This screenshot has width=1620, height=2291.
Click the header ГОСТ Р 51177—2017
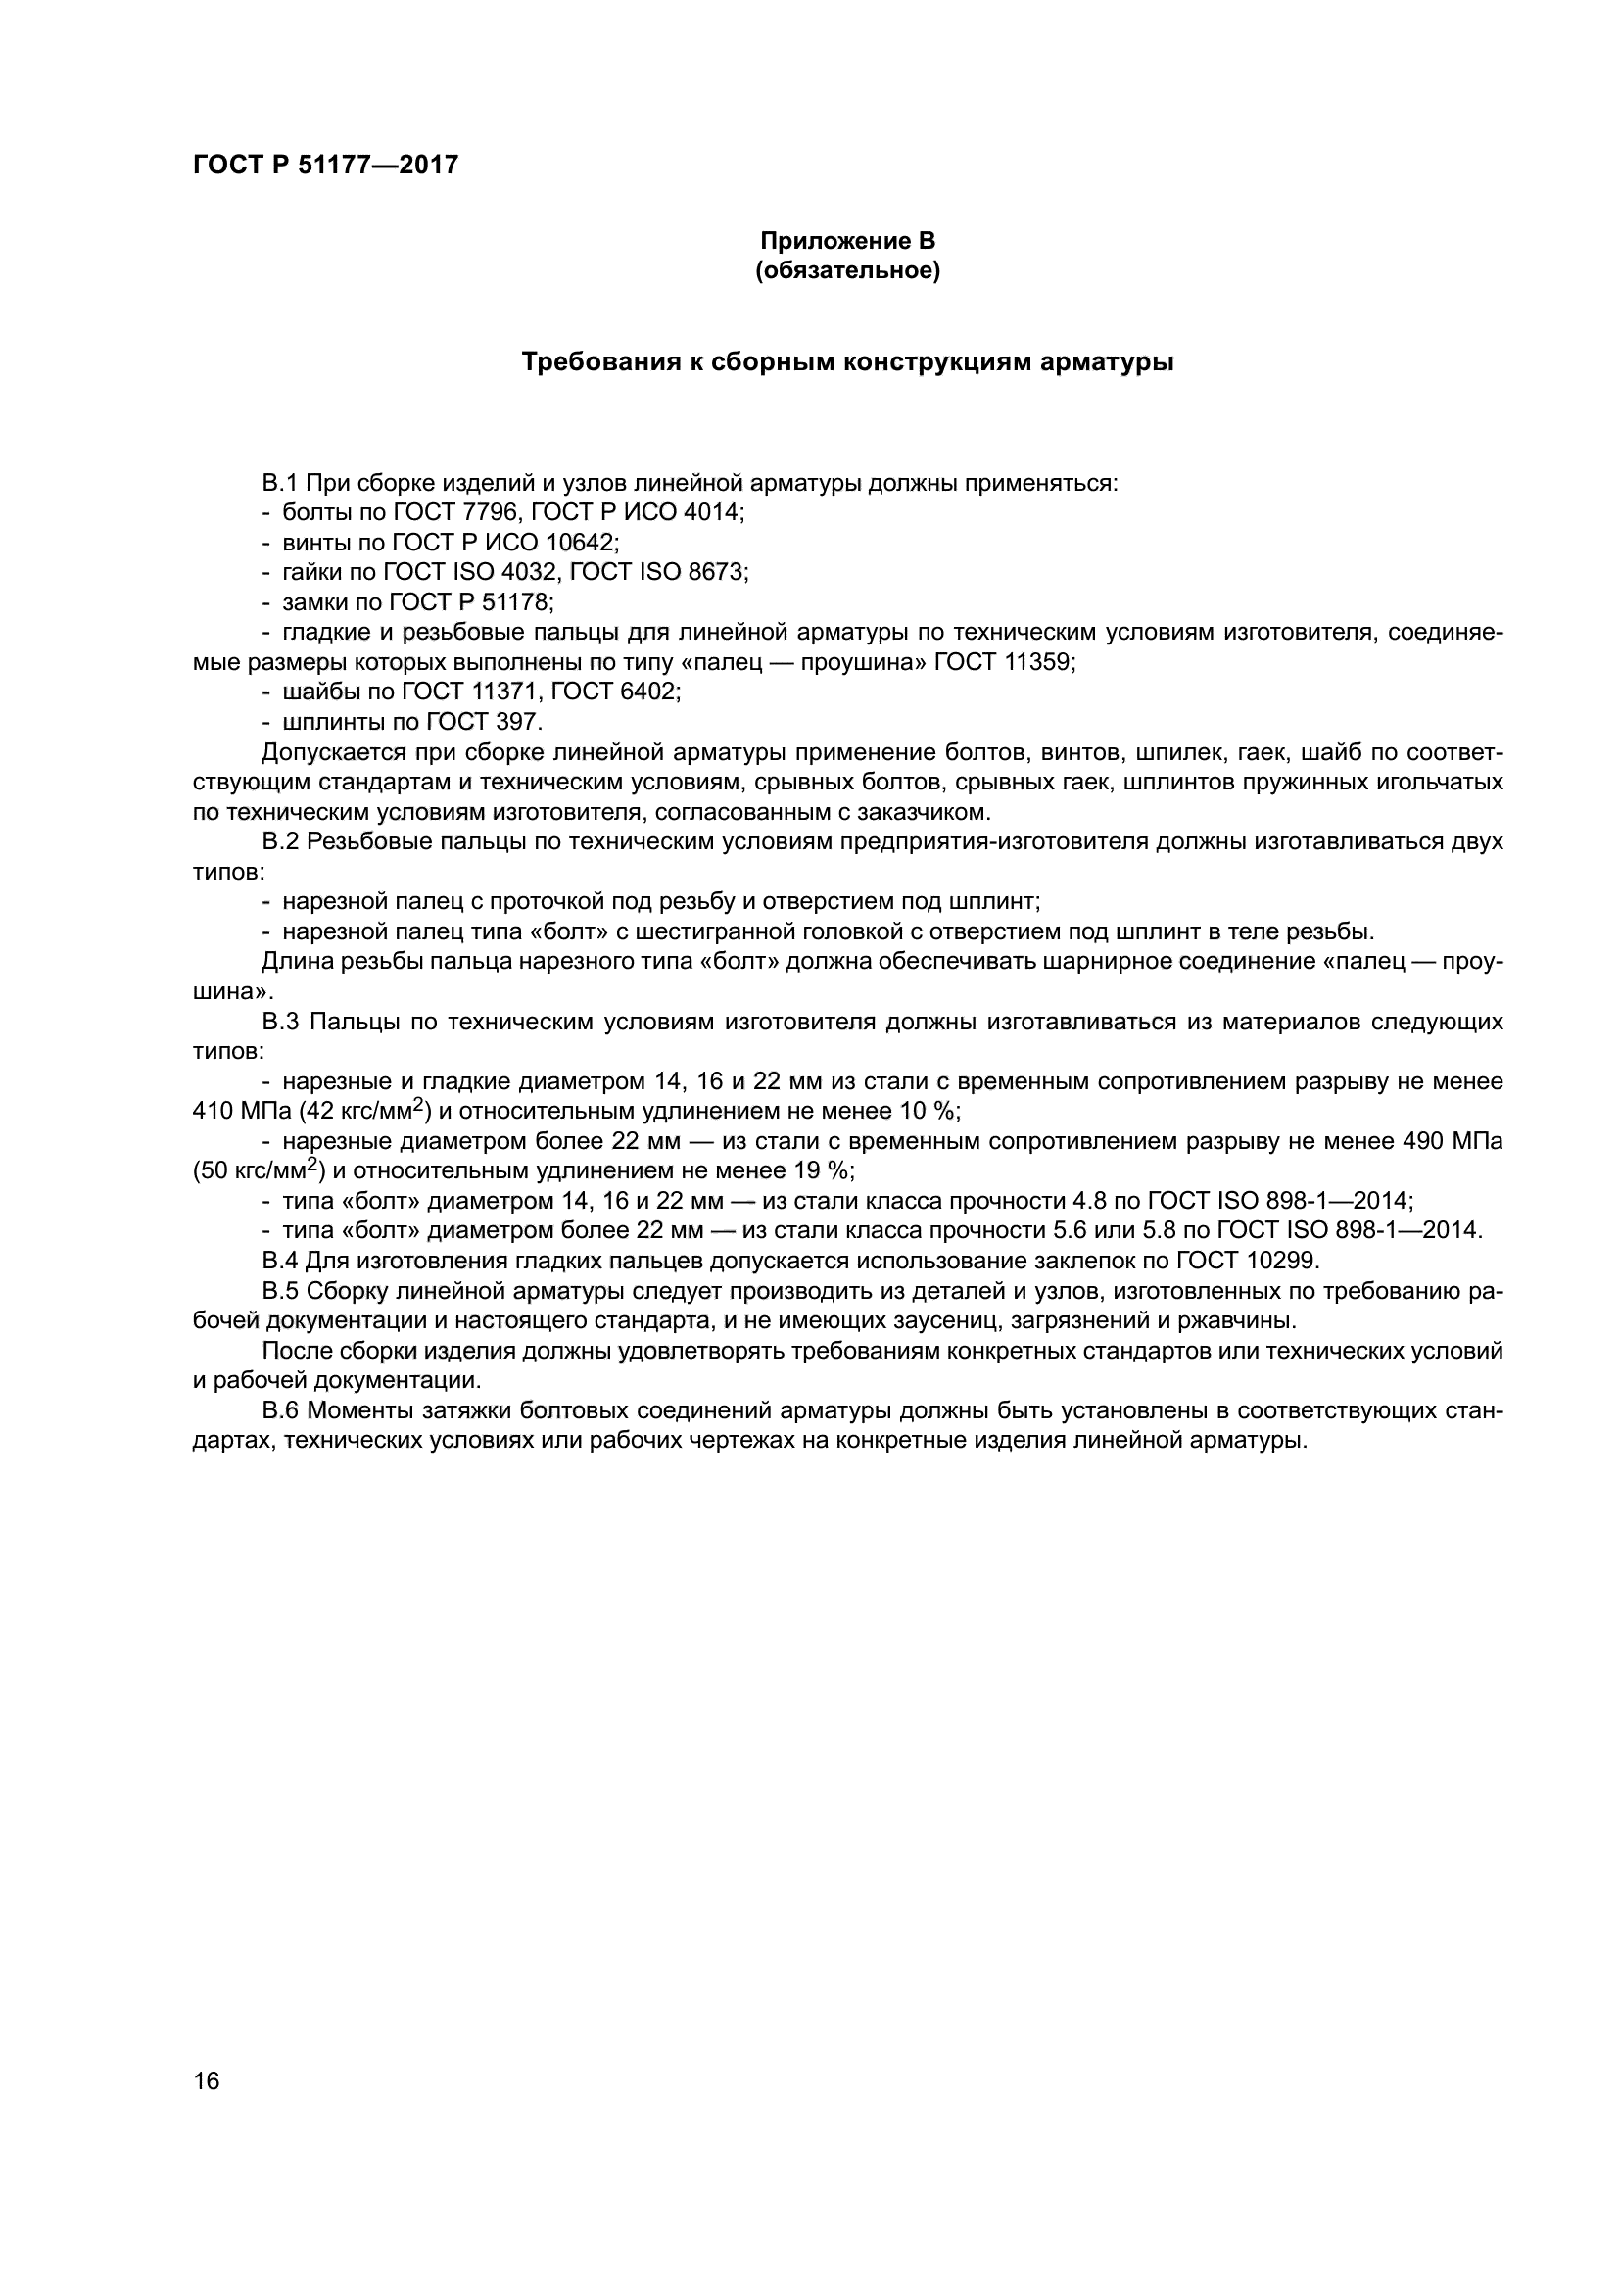point(325,165)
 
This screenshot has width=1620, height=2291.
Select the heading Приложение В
point(848,241)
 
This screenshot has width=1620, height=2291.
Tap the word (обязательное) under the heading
point(848,270)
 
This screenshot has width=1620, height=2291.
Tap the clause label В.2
point(280,842)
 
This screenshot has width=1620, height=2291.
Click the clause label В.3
point(280,1022)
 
